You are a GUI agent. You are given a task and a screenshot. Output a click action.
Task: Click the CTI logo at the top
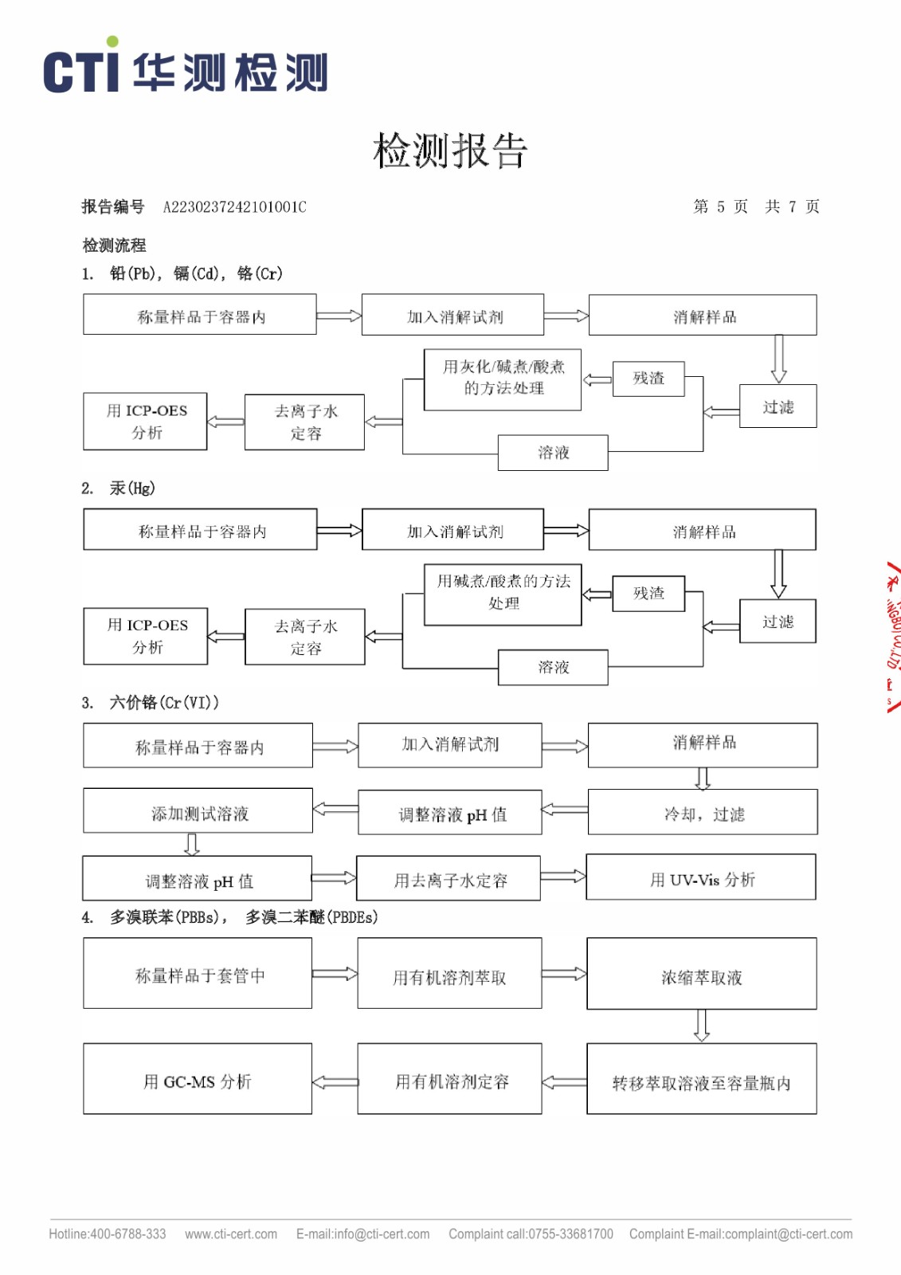[185, 69]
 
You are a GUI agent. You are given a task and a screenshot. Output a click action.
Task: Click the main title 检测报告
[450, 151]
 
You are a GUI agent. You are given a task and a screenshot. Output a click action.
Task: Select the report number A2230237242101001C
[234, 207]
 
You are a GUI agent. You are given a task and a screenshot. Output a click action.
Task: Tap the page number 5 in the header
[720, 207]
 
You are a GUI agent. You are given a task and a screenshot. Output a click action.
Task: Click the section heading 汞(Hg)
[132, 488]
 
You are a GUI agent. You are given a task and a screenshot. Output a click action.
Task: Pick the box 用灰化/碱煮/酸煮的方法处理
[503, 379]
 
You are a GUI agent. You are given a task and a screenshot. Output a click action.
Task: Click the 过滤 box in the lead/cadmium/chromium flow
[778, 406]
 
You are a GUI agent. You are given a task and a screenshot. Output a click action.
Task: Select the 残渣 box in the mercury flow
[648, 593]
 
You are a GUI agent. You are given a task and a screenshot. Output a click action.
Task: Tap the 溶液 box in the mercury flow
[553, 667]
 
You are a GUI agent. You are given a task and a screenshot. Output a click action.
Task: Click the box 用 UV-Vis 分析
[701, 879]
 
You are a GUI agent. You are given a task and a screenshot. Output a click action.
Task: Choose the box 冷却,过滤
[703, 814]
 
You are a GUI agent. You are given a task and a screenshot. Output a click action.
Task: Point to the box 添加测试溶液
[198, 813]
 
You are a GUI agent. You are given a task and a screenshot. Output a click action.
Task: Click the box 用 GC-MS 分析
[198, 1081]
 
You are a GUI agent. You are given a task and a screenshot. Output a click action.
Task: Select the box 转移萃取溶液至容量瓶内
[701, 1081]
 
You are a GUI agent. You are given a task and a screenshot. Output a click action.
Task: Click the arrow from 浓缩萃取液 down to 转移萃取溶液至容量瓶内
[701, 1026]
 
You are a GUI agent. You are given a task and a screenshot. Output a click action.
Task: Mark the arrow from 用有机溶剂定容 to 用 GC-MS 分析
[335, 1081]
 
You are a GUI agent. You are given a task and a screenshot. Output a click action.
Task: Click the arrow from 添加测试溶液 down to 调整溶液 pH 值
[192, 844]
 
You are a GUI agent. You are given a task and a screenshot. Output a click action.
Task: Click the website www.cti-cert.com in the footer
[231, 1234]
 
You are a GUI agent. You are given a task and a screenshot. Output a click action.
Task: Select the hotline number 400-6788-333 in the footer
[128, 1234]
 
